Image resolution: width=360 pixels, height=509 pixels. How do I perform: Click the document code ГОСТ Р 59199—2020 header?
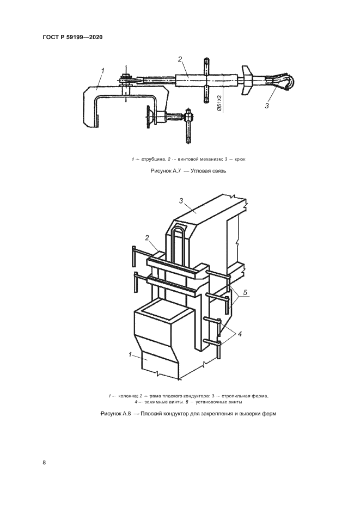pos(72,38)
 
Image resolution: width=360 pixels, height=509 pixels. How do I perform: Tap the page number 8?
pos(44,463)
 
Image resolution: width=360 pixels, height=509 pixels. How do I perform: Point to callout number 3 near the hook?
pos(267,106)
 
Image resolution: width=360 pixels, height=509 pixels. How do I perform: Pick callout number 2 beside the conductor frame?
pos(147,237)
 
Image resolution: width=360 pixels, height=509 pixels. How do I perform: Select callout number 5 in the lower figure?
pos(246,293)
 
